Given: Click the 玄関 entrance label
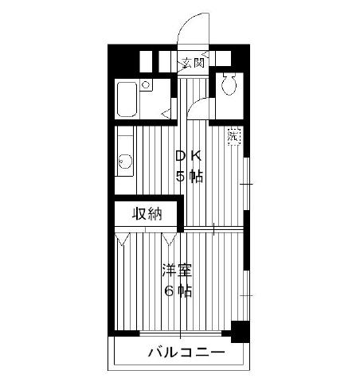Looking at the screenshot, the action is click(194, 63).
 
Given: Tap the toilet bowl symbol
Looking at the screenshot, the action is click(229, 84).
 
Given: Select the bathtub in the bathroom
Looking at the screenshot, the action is click(127, 99).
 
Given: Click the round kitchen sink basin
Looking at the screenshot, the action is click(125, 162).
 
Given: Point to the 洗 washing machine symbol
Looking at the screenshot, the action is click(233, 136).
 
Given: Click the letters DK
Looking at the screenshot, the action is click(189, 156).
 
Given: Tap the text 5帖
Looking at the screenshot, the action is click(190, 176).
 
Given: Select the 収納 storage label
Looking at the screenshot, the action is click(147, 214).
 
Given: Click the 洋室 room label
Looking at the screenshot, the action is click(177, 271).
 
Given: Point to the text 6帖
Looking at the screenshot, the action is click(178, 291).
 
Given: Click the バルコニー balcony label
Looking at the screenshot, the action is click(186, 353).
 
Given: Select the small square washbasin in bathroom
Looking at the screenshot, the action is click(146, 85).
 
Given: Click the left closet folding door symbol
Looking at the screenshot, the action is click(122, 239).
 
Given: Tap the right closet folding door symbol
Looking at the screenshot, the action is click(170, 239).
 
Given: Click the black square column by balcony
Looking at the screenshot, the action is click(240, 332).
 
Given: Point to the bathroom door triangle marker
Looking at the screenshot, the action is click(166, 114).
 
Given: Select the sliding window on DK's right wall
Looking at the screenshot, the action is click(246, 184).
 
